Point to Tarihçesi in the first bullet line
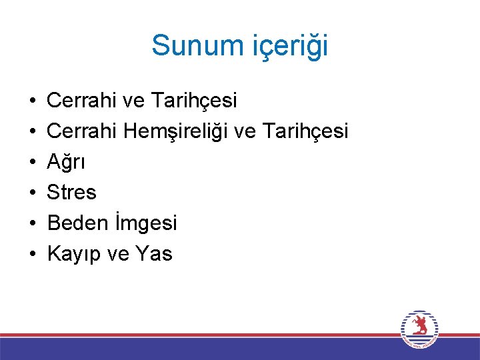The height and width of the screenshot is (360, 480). click(x=194, y=101)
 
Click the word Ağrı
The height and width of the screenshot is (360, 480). click(x=66, y=162)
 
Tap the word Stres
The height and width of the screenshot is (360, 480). click(x=72, y=193)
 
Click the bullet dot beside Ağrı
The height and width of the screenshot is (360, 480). click(x=32, y=163)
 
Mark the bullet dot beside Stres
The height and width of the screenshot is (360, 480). click(x=32, y=193)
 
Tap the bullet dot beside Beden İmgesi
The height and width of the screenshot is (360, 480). click(x=32, y=223)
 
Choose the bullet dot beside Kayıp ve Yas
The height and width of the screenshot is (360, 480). click(x=32, y=254)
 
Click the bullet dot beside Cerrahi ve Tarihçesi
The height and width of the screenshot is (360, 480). click(x=32, y=101)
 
